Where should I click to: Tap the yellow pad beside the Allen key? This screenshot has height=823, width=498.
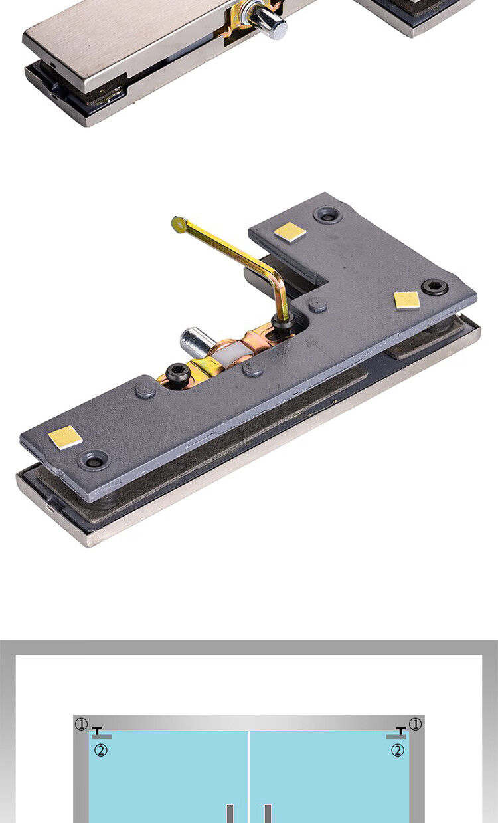290,232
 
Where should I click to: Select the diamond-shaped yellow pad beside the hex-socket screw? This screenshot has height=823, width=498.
406,300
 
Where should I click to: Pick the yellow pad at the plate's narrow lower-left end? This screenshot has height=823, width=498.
65,437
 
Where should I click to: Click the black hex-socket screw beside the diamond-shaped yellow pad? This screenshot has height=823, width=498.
434,287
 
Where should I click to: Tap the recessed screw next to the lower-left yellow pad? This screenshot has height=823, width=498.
93,459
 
